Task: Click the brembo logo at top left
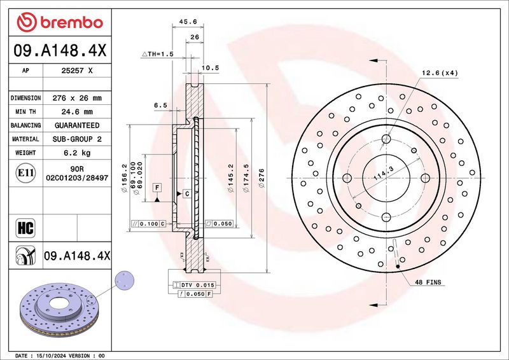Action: [x=60, y=23]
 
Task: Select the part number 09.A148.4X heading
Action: [x=60, y=48]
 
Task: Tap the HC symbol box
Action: [x=23, y=226]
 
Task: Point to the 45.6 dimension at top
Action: [x=188, y=22]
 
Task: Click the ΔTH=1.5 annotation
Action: [x=157, y=55]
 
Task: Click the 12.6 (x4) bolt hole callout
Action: [x=440, y=73]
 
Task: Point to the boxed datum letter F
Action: [x=157, y=187]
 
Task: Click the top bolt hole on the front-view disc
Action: [x=386, y=139]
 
